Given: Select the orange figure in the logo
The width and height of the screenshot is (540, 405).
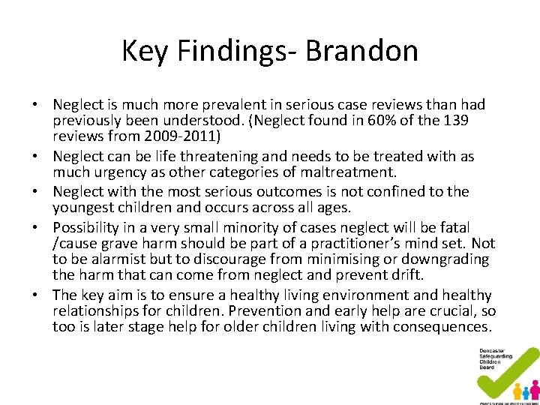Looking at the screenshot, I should [x=517, y=391].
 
